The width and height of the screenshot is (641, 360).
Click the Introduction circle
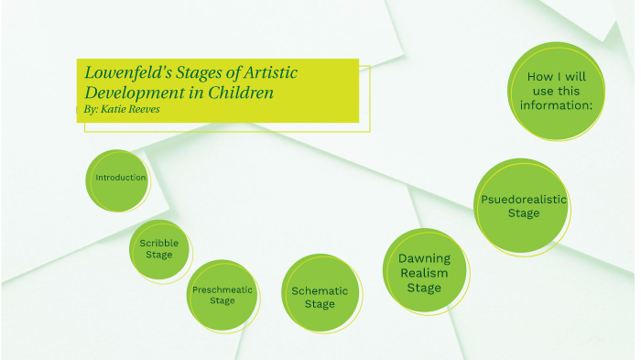click(x=120, y=178)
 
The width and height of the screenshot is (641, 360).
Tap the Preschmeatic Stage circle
click(x=222, y=294)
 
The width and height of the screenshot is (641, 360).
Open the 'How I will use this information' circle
click(x=556, y=92)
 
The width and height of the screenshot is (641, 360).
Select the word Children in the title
click(x=241, y=93)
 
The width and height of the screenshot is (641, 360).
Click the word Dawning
click(x=424, y=258)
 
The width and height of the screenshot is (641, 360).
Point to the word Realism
click(x=424, y=273)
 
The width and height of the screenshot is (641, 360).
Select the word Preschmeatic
click(x=222, y=289)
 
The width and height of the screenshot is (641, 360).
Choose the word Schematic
click(x=320, y=291)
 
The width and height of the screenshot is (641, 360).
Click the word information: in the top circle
click(x=556, y=105)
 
